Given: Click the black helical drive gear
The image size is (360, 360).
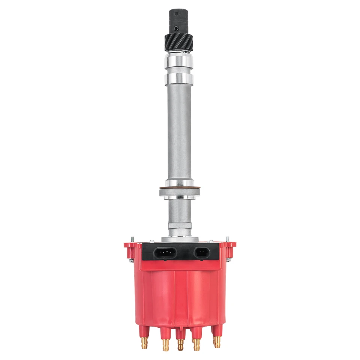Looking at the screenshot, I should click(179, 42).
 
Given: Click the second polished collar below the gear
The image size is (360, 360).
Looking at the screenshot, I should click(179, 78).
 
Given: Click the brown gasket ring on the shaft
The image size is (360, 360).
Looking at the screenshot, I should click(179, 188).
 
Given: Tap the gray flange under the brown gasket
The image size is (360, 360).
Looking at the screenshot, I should click(179, 192).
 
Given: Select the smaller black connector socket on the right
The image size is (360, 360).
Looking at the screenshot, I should click(203, 252).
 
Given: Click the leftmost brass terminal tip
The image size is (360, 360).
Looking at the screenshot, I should click(145, 342).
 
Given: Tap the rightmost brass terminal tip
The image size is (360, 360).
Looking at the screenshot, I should click(216, 342).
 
